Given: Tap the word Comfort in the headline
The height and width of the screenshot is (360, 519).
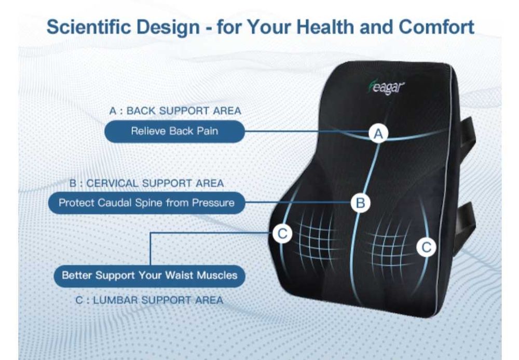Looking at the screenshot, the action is tap(436, 26).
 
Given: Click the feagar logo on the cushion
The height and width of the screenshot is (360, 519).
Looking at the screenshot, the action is tap(386, 87).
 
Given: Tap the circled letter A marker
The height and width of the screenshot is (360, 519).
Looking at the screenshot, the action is tap(378, 134).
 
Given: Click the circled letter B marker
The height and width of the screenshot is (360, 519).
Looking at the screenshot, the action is tap(361, 203).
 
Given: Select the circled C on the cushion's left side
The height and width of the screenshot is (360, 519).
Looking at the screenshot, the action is tap(282, 233).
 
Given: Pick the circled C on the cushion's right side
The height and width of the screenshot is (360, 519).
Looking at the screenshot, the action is tap(426, 247).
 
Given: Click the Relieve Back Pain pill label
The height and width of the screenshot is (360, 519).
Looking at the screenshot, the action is tap(174, 131).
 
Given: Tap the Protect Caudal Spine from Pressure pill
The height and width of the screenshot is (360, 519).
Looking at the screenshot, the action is tap(147, 203).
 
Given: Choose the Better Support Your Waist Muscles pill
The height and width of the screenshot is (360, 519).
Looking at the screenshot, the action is tap(149, 275).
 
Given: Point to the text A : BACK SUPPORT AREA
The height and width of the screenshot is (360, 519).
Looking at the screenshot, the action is tap(175, 111).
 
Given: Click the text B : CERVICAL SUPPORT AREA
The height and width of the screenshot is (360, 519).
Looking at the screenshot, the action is tap(147, 183).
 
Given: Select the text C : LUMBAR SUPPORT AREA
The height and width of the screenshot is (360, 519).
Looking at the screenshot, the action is tap(149, 300).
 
